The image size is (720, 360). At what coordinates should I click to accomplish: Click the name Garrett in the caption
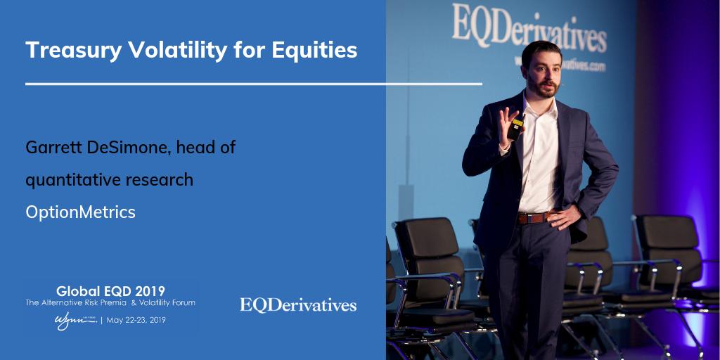coord(53,148)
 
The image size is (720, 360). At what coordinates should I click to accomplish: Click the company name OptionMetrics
coord(80,212)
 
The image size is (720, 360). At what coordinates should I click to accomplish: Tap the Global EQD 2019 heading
coord(111,290)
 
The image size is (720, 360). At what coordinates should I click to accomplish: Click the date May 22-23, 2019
coord(144,320)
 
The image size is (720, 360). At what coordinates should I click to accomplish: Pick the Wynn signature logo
coord(75,319)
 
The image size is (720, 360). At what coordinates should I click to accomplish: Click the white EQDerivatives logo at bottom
coord(298,305)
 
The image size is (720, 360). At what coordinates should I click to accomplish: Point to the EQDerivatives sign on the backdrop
coord(528,29)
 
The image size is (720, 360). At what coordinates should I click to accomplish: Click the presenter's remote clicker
coord(517,127)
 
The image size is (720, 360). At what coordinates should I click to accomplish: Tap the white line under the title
coord(253,84)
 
